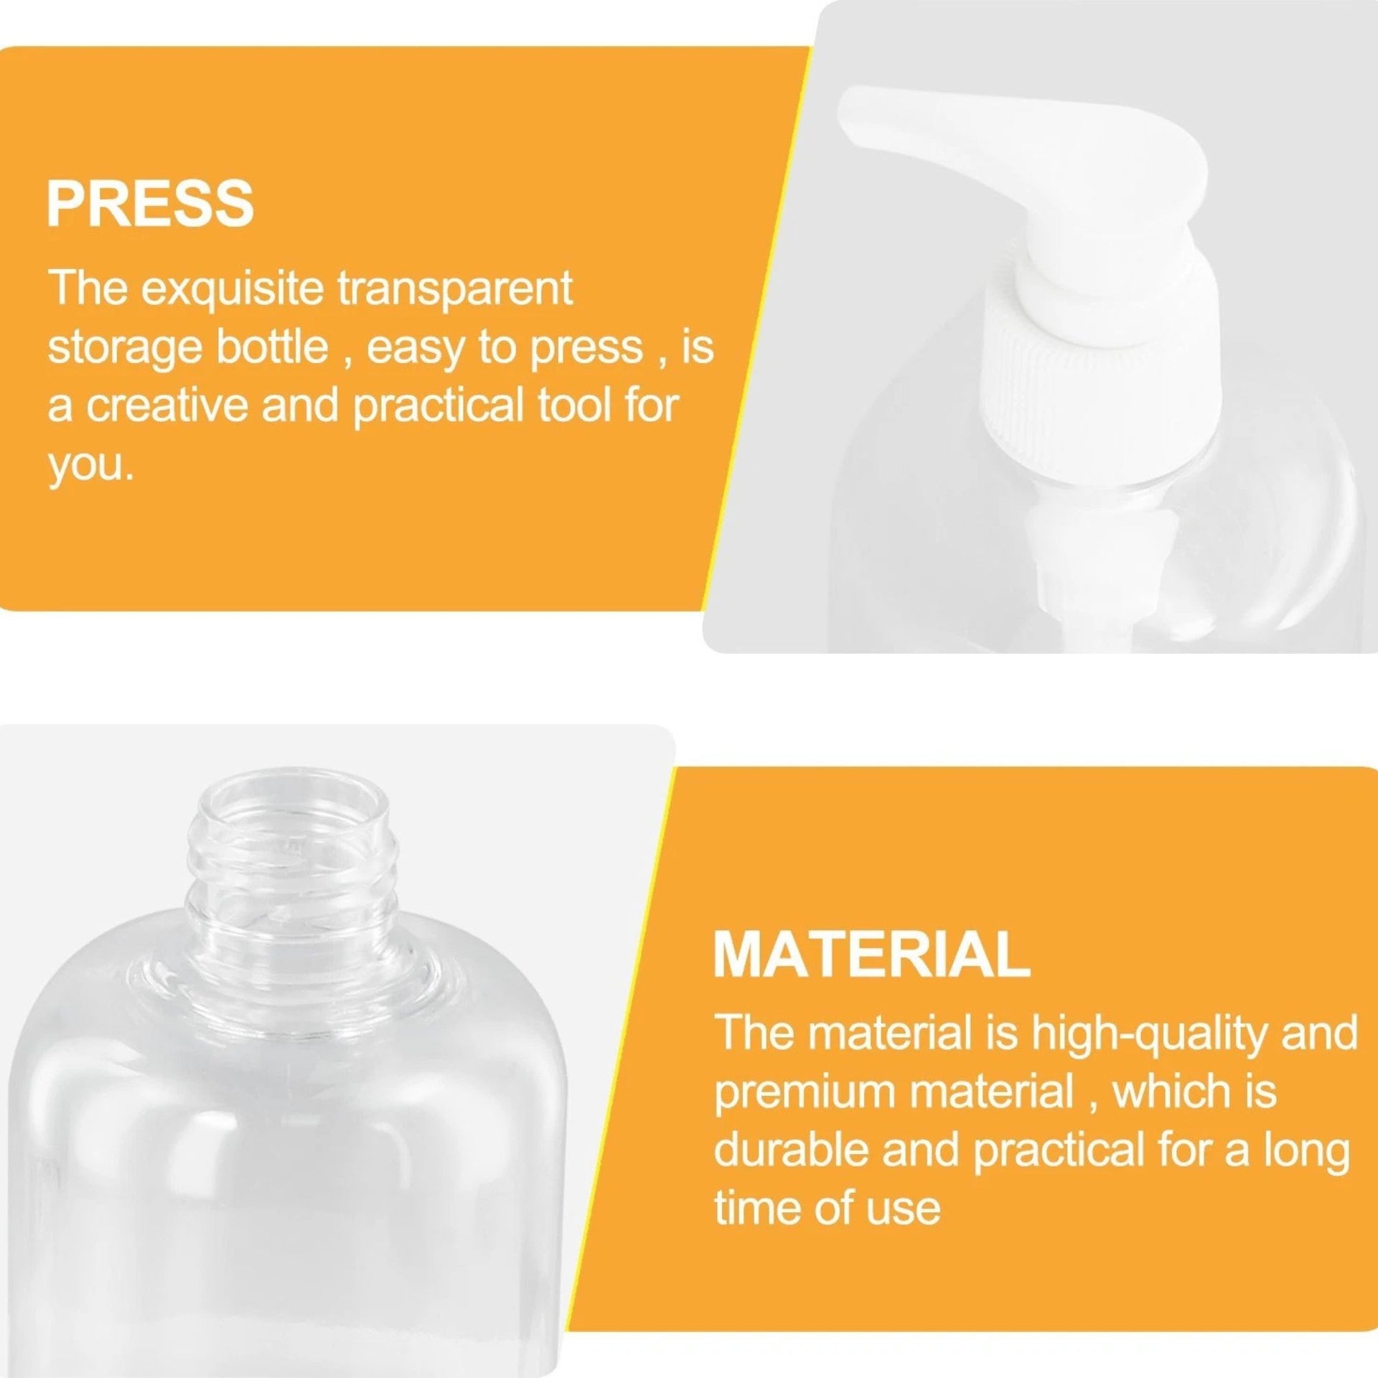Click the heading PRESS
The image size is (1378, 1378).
pos(151,204)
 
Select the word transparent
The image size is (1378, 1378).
pos(455,290)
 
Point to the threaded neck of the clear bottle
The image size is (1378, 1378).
pos(294,897)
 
